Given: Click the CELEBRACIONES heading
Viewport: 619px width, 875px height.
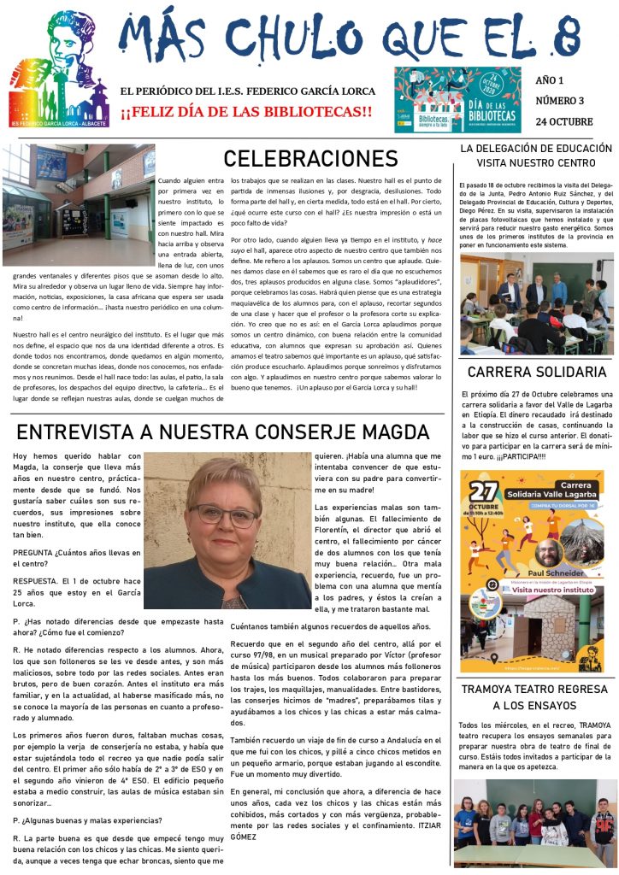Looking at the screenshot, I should [310, 159].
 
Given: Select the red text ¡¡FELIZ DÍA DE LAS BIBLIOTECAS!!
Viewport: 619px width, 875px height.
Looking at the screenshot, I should [246, 112].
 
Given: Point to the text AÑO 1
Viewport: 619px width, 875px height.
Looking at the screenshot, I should [549, 81].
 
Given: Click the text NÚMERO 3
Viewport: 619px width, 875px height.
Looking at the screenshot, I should [560, 102].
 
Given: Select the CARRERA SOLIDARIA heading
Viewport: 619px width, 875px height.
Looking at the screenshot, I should [536, 373].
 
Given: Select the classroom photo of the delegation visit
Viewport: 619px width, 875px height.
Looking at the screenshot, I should [536, 303].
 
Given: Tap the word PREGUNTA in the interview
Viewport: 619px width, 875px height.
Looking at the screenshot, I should [33, 552].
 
